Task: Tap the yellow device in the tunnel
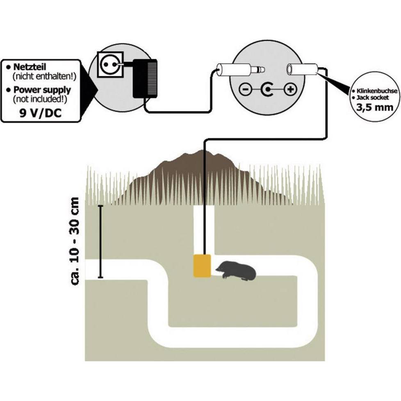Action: (202, 265)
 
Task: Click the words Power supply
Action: (42, 90)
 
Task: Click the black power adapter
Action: (145, 78)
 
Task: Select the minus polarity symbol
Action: (244, 89)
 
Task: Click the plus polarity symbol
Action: (290, 89)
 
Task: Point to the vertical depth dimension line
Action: (100, 242)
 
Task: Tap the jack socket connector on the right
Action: (302, 70)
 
